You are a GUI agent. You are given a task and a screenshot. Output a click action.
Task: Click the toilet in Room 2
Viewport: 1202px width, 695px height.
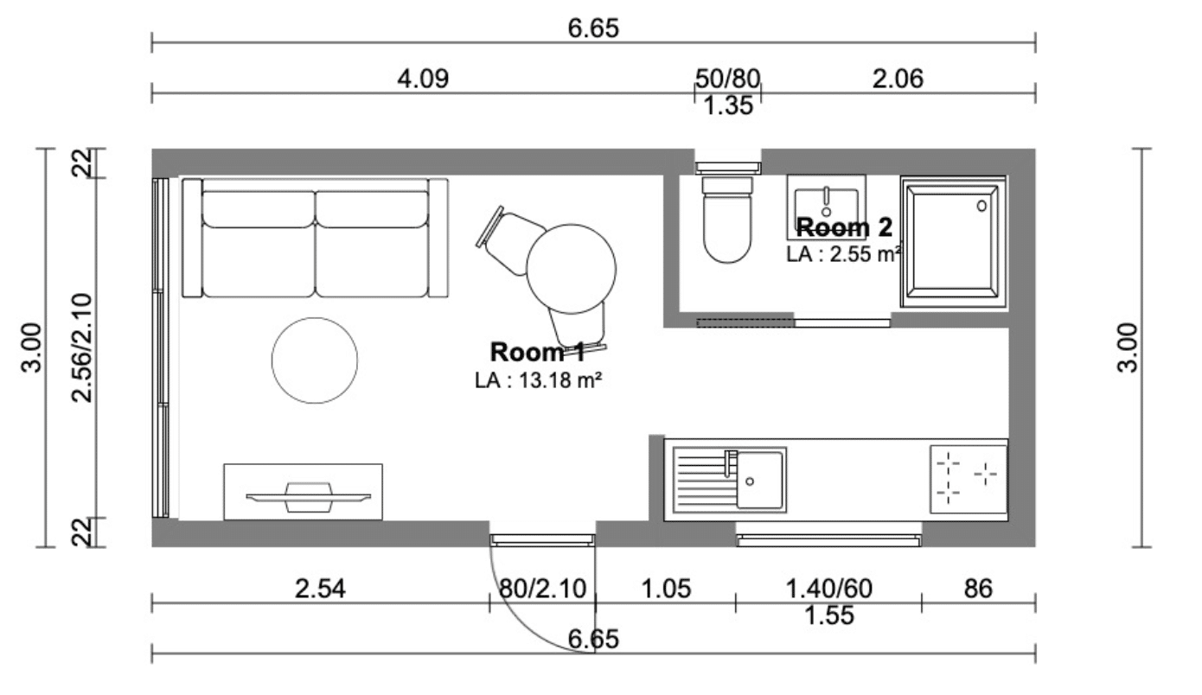tap(726, 220)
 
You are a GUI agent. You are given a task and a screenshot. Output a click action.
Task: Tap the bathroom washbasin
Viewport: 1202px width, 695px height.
tap(826, 207)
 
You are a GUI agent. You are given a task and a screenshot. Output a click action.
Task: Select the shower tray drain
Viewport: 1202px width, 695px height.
tap(981, 206)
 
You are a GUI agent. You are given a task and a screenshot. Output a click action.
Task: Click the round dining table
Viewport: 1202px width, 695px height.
tap(571, 269)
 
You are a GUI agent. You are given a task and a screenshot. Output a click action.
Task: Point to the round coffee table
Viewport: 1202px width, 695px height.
tap(315, 360)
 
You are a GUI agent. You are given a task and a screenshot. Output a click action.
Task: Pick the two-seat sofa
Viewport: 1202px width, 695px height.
tap(315, 238)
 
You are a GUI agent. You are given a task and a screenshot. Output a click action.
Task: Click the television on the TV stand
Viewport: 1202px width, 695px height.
tap(308, 498)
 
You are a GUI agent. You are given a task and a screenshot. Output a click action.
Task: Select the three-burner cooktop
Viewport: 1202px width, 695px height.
tap(969, 479)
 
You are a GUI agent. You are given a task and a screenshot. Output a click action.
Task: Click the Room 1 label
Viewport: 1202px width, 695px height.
tap(538, 353)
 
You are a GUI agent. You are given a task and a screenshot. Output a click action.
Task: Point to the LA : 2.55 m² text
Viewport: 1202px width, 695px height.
tap(843, 254)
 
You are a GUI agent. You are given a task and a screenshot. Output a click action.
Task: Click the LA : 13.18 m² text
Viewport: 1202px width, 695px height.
tap(538, 380)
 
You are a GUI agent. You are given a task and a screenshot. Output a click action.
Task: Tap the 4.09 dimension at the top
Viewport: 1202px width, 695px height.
tap(423, 79)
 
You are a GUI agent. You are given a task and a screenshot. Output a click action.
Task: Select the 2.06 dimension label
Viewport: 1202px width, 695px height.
tap(898, 79)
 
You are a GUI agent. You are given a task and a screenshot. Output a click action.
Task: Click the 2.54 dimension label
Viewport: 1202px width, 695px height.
tap(320, 589)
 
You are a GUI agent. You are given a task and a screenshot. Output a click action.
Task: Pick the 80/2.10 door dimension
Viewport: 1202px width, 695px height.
tap(542, 589)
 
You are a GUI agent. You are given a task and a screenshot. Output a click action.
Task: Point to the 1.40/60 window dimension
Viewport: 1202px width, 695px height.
tap(829, 589)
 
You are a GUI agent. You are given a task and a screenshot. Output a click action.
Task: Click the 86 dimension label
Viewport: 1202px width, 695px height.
tap(978, 589)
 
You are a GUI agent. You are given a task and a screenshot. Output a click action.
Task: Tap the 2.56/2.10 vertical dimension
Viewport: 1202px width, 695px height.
tap(82, 348)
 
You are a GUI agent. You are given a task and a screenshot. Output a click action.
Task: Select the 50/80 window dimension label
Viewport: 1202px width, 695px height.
tap(727, 79)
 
